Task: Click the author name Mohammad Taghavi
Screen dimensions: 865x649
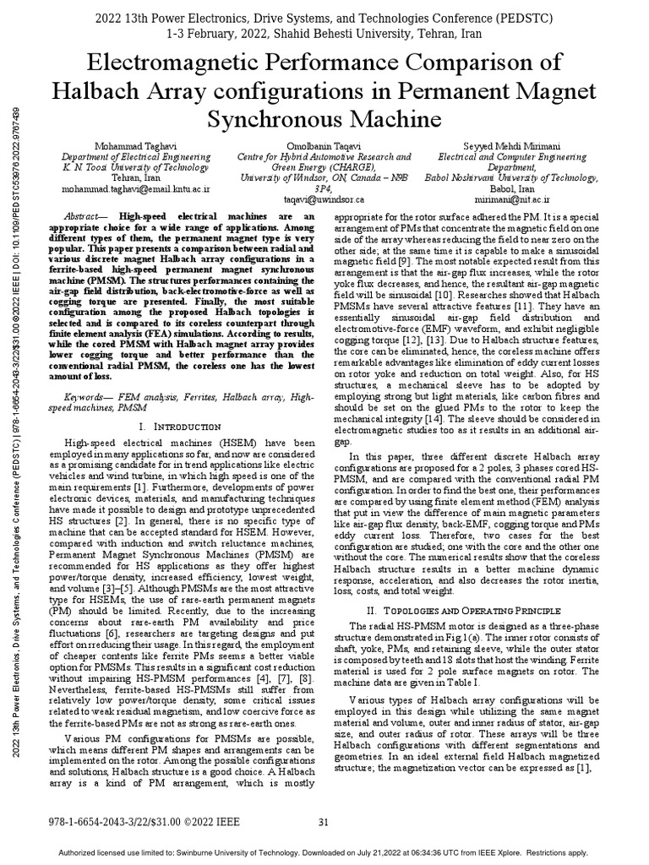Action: coord(139,146)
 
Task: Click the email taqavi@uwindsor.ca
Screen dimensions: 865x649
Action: coord(324,200)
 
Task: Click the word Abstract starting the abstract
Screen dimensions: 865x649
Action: coord(86,217)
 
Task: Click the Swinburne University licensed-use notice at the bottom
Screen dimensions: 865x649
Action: coord(324,853)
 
